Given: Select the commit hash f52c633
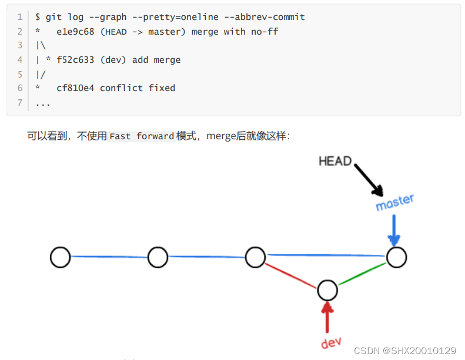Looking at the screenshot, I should point(75,60).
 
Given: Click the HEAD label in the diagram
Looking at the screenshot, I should point(335,161).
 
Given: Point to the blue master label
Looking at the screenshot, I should point(395,202).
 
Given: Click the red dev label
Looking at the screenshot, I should point(332,343).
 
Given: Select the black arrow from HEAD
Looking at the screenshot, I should point(368,179).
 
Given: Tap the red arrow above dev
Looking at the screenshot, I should point(327,317).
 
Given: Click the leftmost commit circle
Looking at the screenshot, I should point(60,257).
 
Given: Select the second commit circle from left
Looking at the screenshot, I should point(158,257).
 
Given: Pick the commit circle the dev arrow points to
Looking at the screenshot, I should point(327,290).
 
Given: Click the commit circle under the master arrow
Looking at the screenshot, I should point(396,257).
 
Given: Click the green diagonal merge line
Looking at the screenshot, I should point(362,274).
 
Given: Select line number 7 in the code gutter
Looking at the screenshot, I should point(19,103).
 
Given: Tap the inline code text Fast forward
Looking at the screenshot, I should point(142,136).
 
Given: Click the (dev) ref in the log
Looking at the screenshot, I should point(116,60).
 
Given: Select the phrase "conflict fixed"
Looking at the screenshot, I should point(138,88).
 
